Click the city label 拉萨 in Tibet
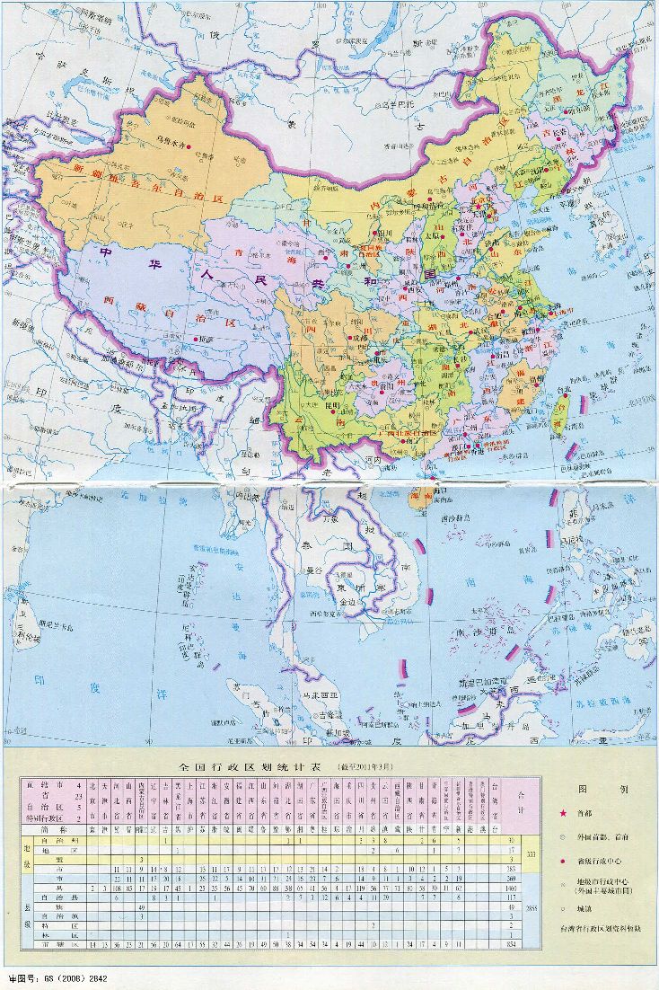click(206, 340)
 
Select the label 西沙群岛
click(458, 518)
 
